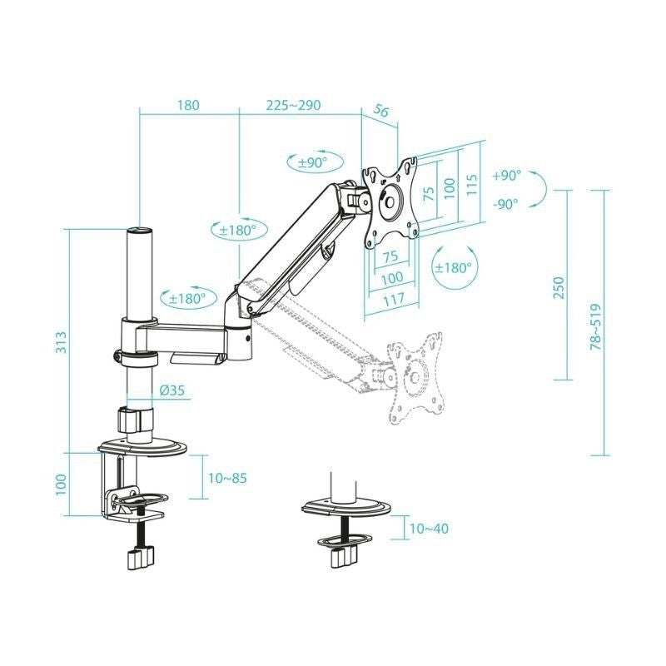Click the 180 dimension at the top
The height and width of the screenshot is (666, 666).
coord(188,106)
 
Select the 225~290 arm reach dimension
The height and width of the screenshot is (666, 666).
coord(293,106)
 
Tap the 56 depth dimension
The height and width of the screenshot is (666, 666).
coord(383,112)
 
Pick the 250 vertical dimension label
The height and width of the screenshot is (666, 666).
coord(559,286)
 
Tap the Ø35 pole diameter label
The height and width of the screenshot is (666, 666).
coord(176,388)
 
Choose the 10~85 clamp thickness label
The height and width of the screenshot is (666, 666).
coord(226,479)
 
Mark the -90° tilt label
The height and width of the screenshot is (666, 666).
coord(505,203)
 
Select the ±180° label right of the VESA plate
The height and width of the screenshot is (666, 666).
coord(453,268)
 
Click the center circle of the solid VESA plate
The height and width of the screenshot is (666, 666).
coord(390,202)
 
